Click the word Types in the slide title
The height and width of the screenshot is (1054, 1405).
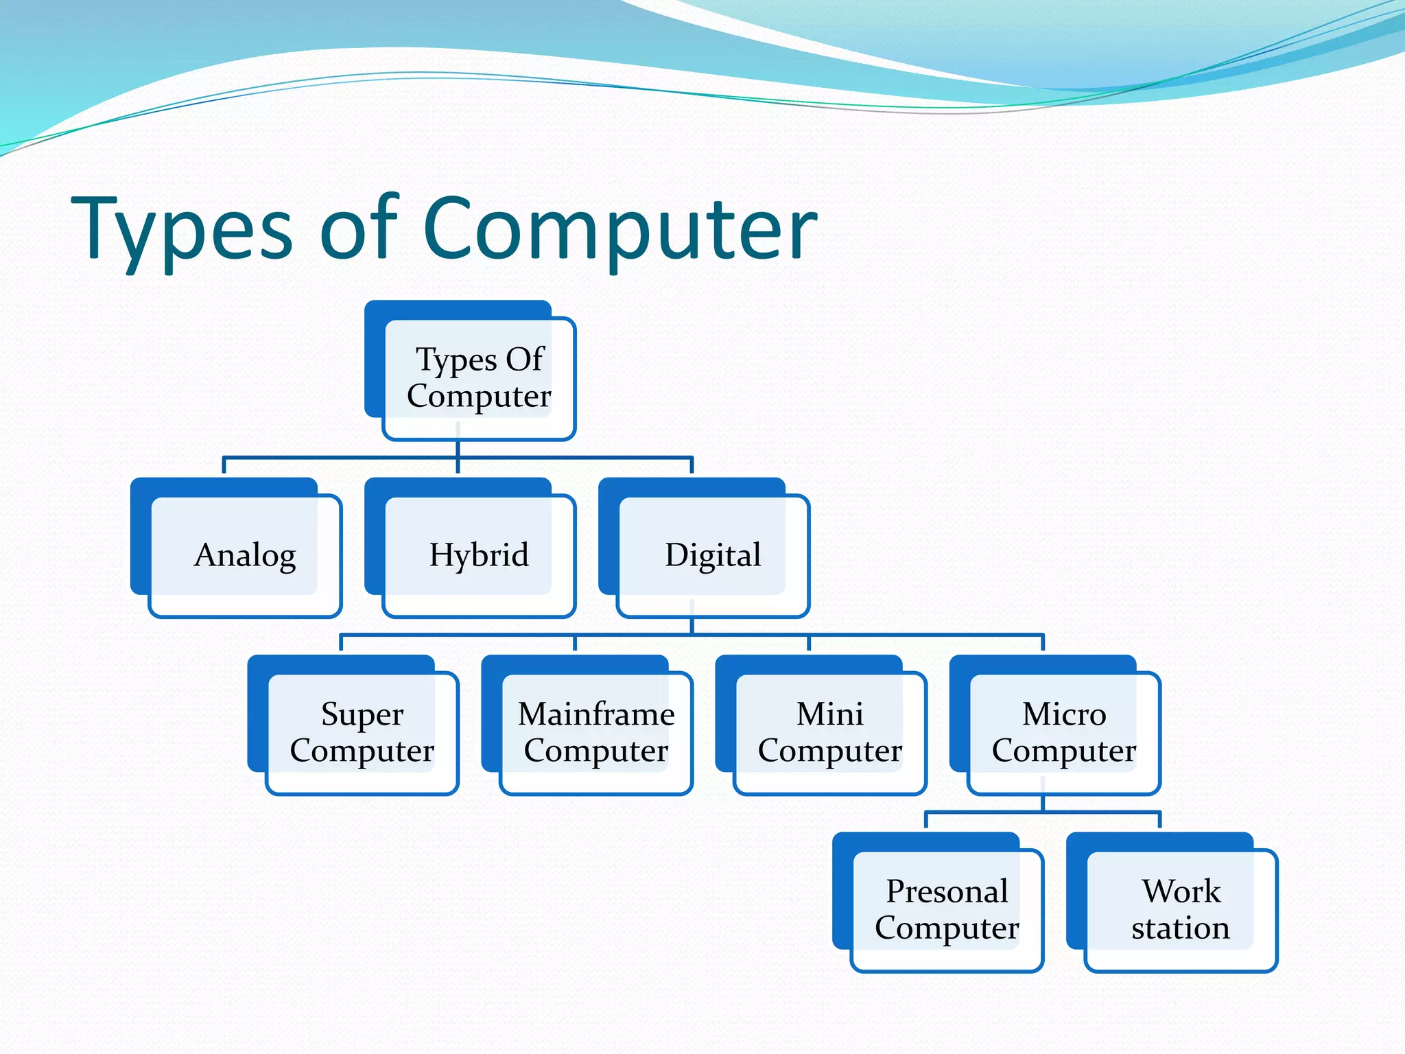[x=182, y=230]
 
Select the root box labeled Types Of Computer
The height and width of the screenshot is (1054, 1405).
[x=478, y=378]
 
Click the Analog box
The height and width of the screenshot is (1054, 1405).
[x=245, y=555]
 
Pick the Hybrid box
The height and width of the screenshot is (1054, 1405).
[x=478, y=555]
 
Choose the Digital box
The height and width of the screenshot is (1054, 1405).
[x=713, y=555]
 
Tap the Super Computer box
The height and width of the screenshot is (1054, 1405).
[x=362, y=732]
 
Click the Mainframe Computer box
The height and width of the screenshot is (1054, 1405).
[x=595, y=732]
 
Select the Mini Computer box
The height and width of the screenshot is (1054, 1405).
[x=829, y=732]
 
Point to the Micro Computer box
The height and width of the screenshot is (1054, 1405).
[x=1063, y=732]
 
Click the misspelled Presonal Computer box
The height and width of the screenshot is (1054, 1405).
[x=947, y=909]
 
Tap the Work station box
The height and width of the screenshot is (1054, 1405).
[x=1180, y=909]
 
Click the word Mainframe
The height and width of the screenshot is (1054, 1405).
[x=595, y=714]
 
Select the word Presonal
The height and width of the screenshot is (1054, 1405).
[x=947, y=891]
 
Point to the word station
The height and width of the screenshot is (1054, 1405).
[x=1180, y=928]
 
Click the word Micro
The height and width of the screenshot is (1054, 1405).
[x=1063, y=714]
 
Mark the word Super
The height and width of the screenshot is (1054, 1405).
[x=362, y=714]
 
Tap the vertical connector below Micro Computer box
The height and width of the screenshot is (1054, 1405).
[x=1043, y=803]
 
